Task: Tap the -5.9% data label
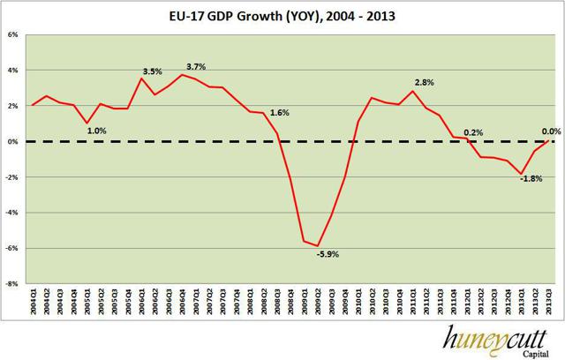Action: click(x=327, y=254)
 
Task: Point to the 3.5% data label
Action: click(x=151, y=71)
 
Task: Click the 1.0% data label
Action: click(x=98, y=131)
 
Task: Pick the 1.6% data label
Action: click(x=280, y=113)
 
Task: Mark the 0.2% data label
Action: click(x=473, y=131)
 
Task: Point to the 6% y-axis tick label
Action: click(x=13, y=35)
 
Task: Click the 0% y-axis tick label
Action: click(x=13, y=142)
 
